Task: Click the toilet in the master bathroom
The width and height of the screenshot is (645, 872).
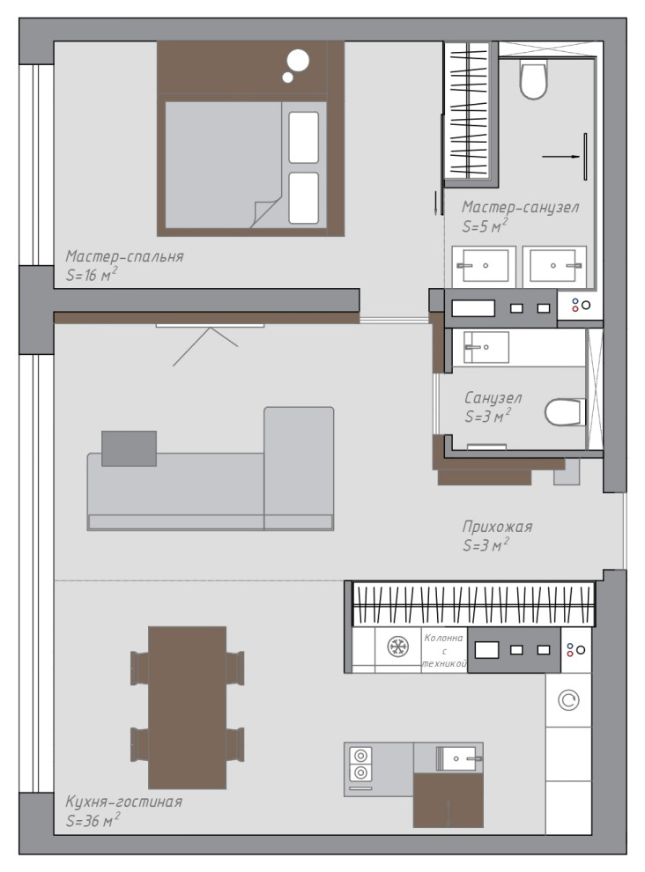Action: click(533, 79)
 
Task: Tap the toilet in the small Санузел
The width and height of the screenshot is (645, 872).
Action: click(565, 412)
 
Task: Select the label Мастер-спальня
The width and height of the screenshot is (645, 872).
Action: click(124, 256)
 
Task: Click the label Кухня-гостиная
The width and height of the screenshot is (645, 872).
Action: click(123, 802)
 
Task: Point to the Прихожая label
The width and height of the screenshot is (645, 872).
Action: click(497, 527)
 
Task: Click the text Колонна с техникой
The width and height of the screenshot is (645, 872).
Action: click(444, 651)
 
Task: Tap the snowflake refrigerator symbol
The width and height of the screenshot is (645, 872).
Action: click(398, 647)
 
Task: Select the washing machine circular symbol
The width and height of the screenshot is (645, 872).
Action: click(568, 700)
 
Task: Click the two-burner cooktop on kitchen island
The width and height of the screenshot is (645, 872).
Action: click(360, 765)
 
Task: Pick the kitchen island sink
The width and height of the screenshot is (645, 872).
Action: click(456, 758)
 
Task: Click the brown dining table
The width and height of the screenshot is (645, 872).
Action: click(187, 707)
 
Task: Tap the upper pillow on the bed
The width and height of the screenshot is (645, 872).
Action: click(304, 137)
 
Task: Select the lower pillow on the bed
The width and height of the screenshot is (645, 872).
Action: click(304, 198)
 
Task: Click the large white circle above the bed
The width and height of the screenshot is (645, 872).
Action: click(299, 61)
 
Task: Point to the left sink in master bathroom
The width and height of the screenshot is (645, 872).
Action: click(484, 266)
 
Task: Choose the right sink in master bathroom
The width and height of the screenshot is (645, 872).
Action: click(554, 266)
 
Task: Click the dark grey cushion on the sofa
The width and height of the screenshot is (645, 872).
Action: click(129, 448)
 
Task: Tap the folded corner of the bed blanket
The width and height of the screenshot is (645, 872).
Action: click(266, 212)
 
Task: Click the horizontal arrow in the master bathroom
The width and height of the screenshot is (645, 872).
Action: click(561, 157)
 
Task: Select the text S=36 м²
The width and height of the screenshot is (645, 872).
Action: click(93, 820)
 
